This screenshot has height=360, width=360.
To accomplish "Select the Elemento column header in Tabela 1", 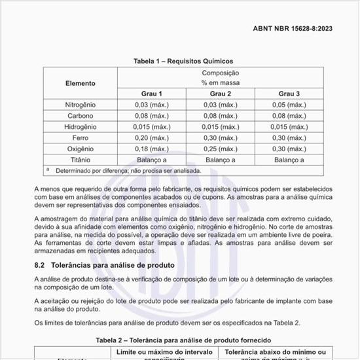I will click(x=80, y=83).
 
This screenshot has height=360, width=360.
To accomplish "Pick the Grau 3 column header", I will click(x=289, y=94).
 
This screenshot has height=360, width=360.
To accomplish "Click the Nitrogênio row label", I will click(x=80, y=105).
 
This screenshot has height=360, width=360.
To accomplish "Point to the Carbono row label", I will click(x=80, y=116).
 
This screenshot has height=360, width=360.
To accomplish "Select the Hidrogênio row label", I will click(x=80, y=127).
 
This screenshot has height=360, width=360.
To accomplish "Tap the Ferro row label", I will click(x=80, y=138).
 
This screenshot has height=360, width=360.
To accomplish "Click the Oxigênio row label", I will click(x=80, y=149).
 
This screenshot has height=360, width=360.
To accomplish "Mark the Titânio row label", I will click(x=80, y=160).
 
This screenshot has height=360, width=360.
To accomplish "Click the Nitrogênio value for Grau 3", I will click(x=289, y=105).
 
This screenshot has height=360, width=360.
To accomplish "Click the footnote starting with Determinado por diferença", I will click(x=128, y=170).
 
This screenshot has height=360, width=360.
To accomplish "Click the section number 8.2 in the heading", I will click(x=39, y=265).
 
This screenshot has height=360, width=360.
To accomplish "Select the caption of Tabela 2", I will click(x=183, y=340).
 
